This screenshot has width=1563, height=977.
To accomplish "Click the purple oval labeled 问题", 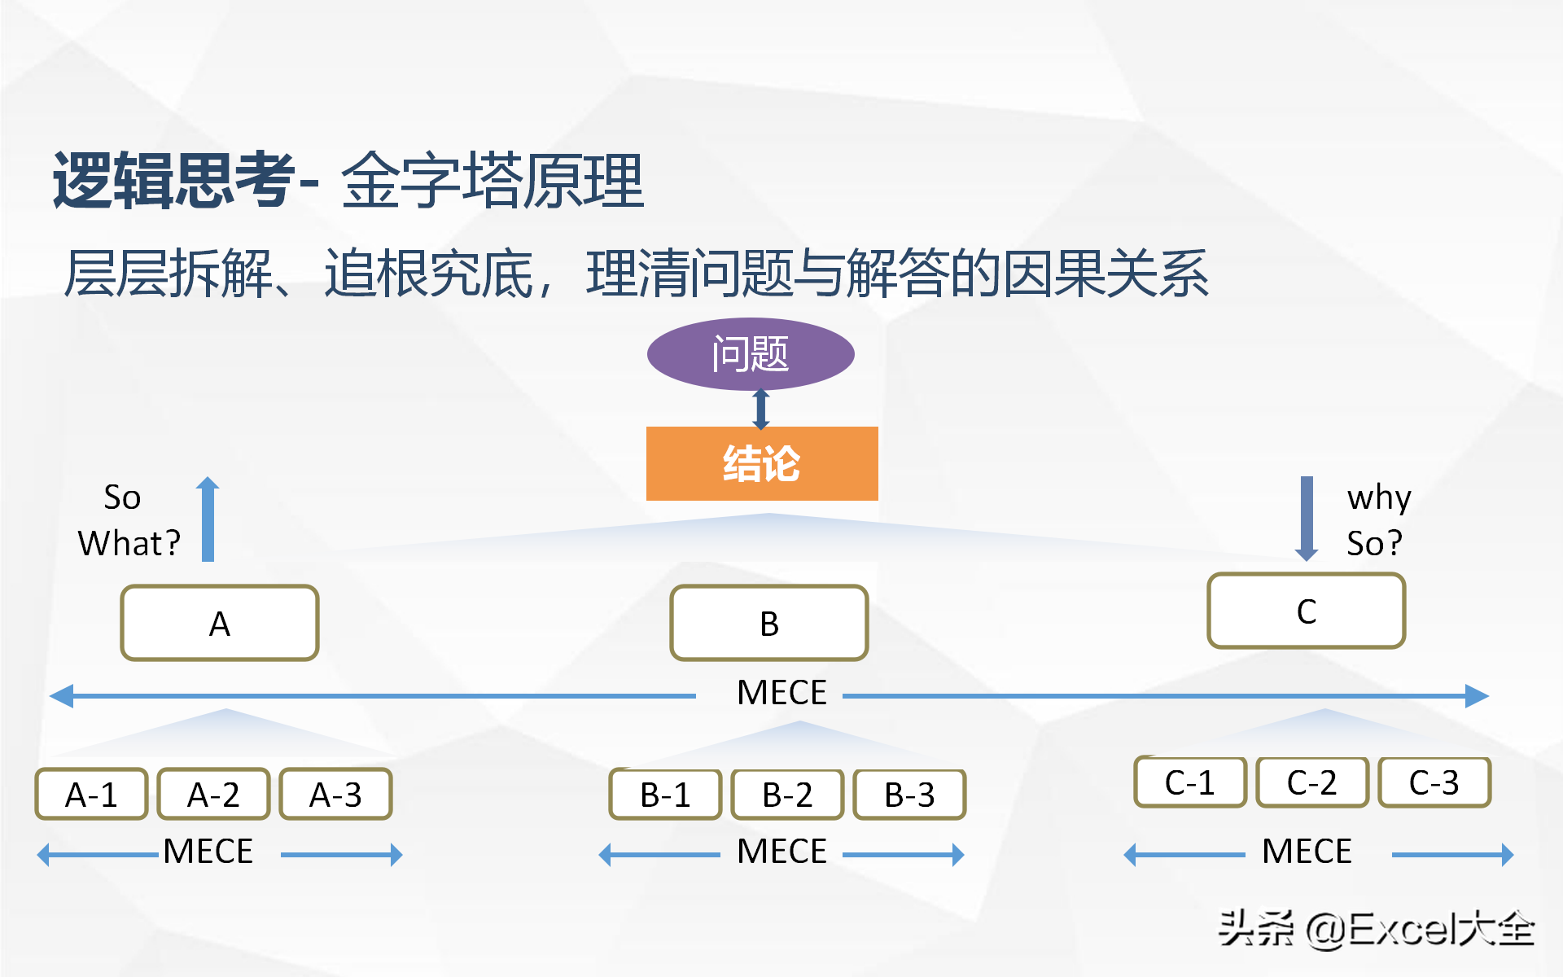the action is coord(751,354).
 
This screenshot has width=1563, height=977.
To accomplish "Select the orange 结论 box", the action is coord(762,463).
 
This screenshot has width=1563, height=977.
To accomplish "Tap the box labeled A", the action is coord(220,623).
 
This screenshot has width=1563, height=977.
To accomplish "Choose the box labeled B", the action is coord(769,623).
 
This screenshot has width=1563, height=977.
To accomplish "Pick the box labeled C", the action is coord(1307,611).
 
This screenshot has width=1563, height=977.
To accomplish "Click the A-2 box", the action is coord(213,794).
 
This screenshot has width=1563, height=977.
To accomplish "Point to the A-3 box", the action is coord(335,794).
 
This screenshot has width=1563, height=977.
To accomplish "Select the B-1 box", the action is coord(665,794).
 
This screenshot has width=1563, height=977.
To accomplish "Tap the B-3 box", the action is coord(909,794).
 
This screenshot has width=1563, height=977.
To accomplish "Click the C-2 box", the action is coord(1312,782).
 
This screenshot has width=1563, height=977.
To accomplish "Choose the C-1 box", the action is coord(1190,782).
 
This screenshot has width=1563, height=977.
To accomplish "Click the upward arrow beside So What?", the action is coord(208,519).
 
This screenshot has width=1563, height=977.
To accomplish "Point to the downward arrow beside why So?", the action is coord(1307,519).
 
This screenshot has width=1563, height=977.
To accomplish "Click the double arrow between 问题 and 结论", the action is coord(761,409).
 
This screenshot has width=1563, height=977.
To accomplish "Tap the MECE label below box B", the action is coord(781,693).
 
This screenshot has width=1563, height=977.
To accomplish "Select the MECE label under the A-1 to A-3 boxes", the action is coord(208,852).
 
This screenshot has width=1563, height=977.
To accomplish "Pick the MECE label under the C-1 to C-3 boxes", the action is coord(1307,852).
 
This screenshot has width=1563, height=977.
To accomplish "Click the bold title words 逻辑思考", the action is coord(174,180).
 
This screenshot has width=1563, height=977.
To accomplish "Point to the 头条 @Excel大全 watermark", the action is coord(1376,929).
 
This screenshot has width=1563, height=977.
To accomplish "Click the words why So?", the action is coord(1378,519).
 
